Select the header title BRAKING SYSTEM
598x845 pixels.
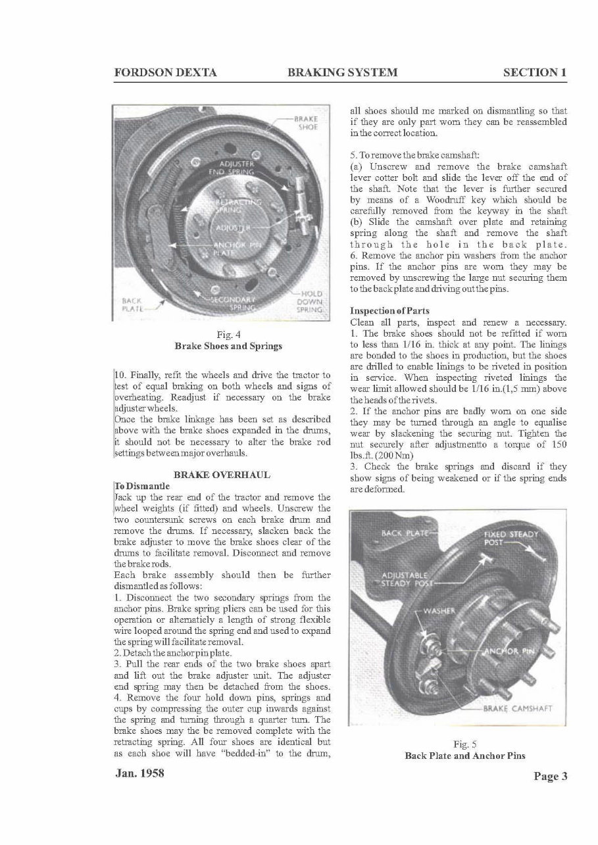(x=342, y=73)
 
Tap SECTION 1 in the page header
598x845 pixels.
(x=534, y=73)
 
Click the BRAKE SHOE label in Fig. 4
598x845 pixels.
(x=306, y=124)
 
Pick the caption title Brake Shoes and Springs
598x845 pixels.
(x=228, y=346)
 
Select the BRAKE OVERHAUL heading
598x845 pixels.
(x=222, y=474)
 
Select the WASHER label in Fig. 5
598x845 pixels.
(x=438, y=610)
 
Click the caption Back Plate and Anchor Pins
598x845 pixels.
(x=465, y=756)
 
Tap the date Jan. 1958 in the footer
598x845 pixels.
(x=137, y=773)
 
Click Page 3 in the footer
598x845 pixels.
(x=550, y=777)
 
